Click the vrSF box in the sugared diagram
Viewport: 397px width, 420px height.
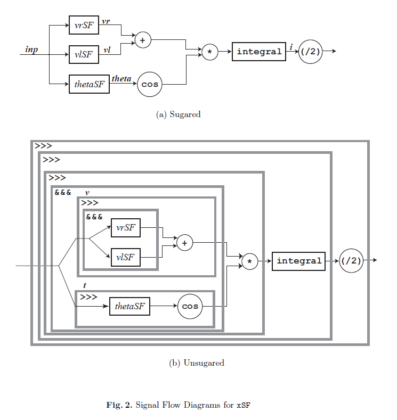(84, 25)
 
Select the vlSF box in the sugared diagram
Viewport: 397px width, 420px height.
(84, 54)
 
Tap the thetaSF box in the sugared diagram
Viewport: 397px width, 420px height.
(89, 84)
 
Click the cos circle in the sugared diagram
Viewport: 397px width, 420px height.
(150, 84)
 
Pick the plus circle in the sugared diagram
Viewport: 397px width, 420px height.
(142, 40)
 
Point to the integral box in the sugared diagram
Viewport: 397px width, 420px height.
(259, 52)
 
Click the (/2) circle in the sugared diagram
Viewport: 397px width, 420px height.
(310, 52)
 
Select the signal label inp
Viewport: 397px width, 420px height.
(32, 50)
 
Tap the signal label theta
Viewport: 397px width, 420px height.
(121, 79)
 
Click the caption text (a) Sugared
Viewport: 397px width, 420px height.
(178, 114)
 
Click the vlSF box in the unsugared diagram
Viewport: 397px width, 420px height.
(126, 257)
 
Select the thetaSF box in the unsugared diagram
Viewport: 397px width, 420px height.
(129, 306)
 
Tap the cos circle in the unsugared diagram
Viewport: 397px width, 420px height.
(190, 306)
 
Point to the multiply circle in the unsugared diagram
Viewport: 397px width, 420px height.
(250, 261)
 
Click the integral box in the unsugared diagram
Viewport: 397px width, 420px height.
(298, 261)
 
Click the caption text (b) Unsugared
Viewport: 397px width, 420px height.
(196, 363)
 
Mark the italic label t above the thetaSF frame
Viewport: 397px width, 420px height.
(84, 285)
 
